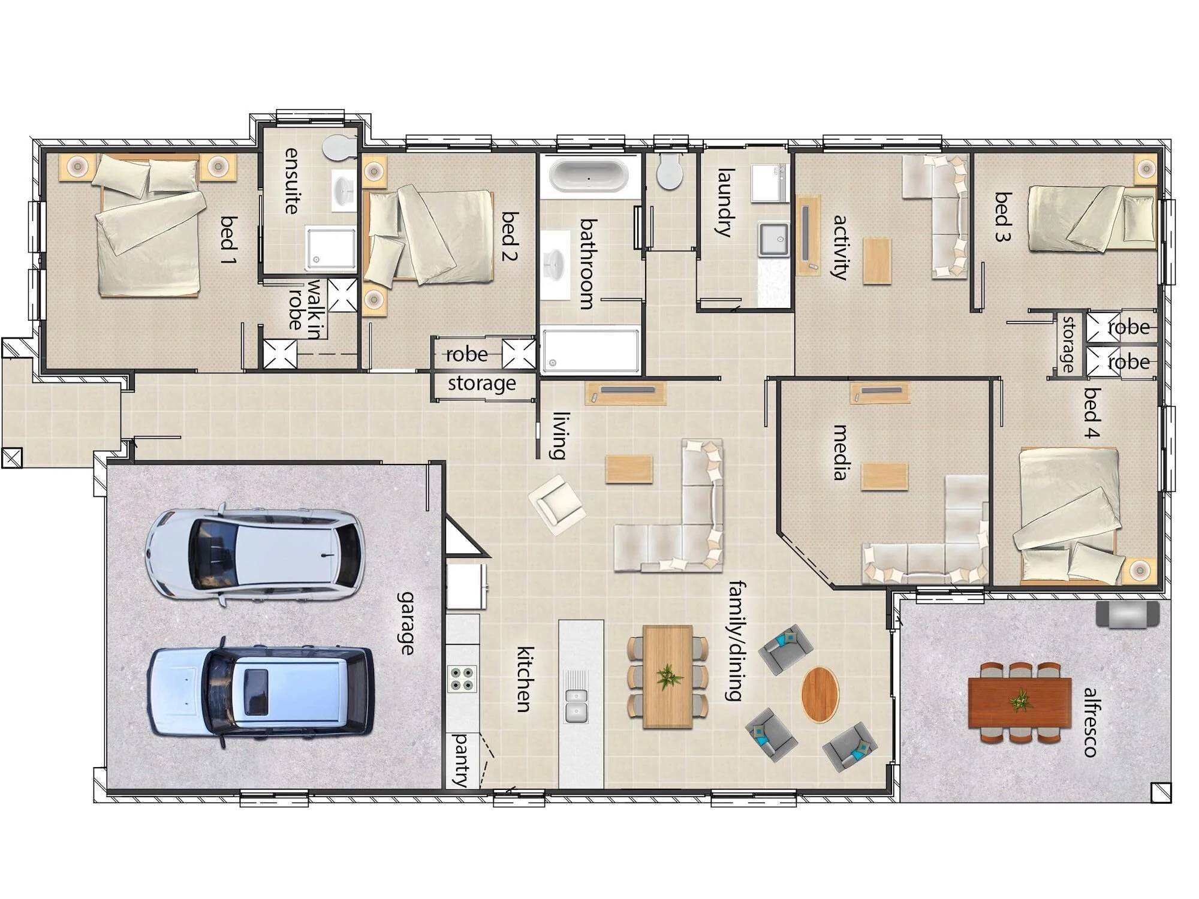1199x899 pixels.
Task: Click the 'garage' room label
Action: (x=406, y=623)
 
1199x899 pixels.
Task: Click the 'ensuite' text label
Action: (x=291, y=180)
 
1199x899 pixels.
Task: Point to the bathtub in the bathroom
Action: (x=589, y=175)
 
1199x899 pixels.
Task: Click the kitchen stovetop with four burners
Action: (x=462, y=678)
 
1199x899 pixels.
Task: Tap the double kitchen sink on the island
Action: (x=576, y=706)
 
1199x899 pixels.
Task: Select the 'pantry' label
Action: (x=461, y=759)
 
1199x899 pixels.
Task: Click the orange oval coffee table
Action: (x=820, y=695)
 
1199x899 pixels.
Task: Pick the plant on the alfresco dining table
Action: (x=1019, y=699)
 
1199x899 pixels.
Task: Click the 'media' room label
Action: (x=840, y=452)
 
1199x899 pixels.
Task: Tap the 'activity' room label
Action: (x=840, y=247)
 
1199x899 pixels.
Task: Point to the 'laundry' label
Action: (x=725, y=203)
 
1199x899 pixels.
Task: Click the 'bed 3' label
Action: (x=1002, y=216)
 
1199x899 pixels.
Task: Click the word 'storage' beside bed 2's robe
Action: (x=482, y=383)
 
